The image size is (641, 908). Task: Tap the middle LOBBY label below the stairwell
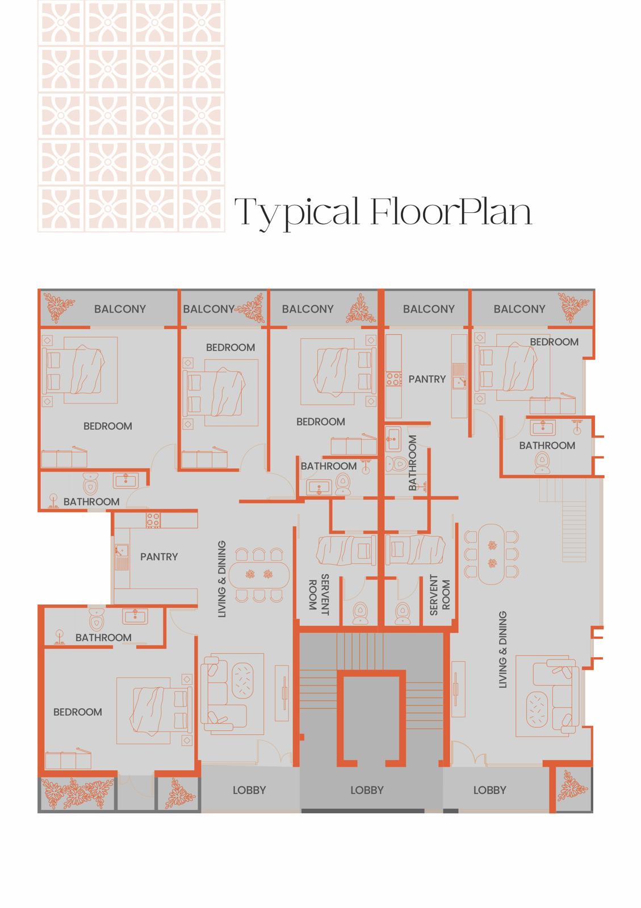coord(367,789)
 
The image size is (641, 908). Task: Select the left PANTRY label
coord(159,557)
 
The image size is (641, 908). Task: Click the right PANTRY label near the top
coord(427,379)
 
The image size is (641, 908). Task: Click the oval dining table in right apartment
coord(491,554)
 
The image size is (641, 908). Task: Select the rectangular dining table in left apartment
coord(259,574)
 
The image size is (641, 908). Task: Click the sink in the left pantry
coord(121,554)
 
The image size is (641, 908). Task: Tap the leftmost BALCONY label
coord(120,309)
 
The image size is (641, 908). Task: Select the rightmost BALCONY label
coord(519,309)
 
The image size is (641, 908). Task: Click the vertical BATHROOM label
coord(413,463)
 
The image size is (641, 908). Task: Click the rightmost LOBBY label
coord(489,789)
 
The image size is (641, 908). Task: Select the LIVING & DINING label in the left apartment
coord(222,579)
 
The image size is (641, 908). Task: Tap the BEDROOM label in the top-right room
coord(554,342)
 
